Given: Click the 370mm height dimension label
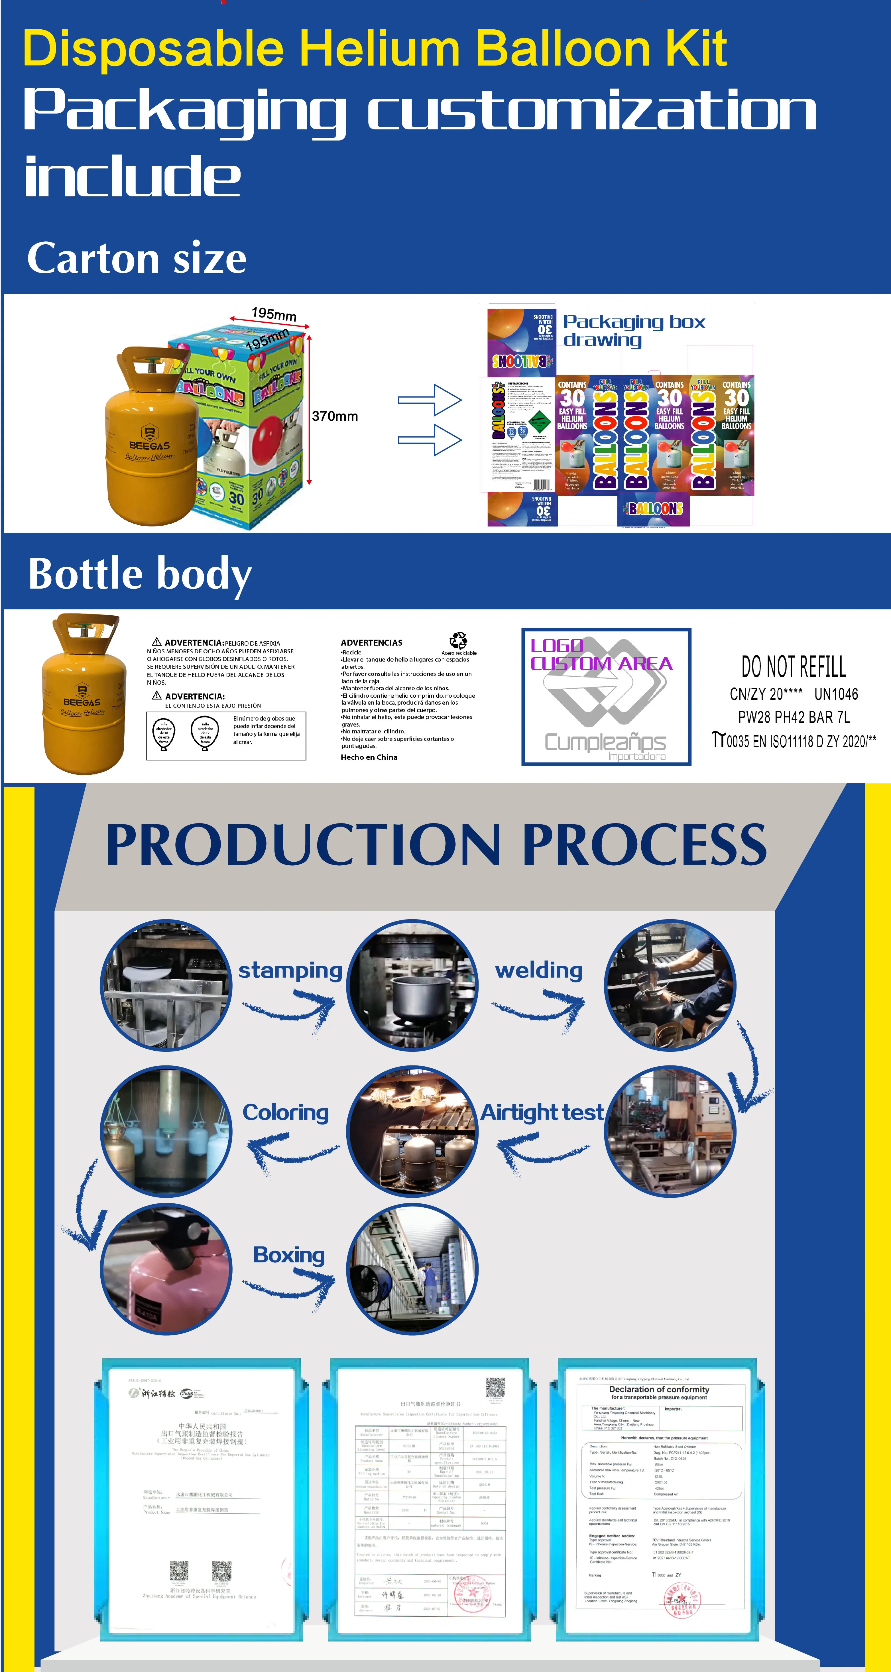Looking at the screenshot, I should (x=335, y=416).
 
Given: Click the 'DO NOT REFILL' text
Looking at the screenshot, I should (x=794, y=667).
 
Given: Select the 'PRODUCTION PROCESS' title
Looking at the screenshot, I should (x=436, y=845).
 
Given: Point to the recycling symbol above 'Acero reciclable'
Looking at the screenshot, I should (x=458, y=641).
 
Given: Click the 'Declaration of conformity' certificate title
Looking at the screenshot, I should (x=659, y=1390).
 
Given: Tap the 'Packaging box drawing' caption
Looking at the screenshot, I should (x=633, y=330).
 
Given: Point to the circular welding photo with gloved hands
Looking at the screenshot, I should (x=670, y=984).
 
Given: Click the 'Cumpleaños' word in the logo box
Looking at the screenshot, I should (x=605, y=741).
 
